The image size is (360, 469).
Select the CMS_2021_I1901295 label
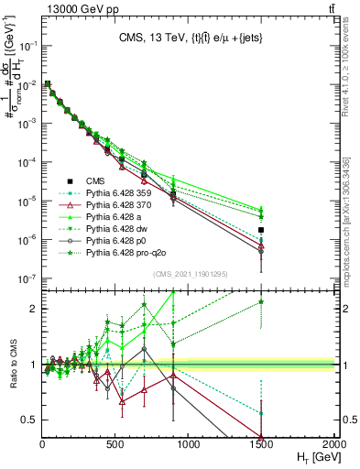(190, 274)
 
